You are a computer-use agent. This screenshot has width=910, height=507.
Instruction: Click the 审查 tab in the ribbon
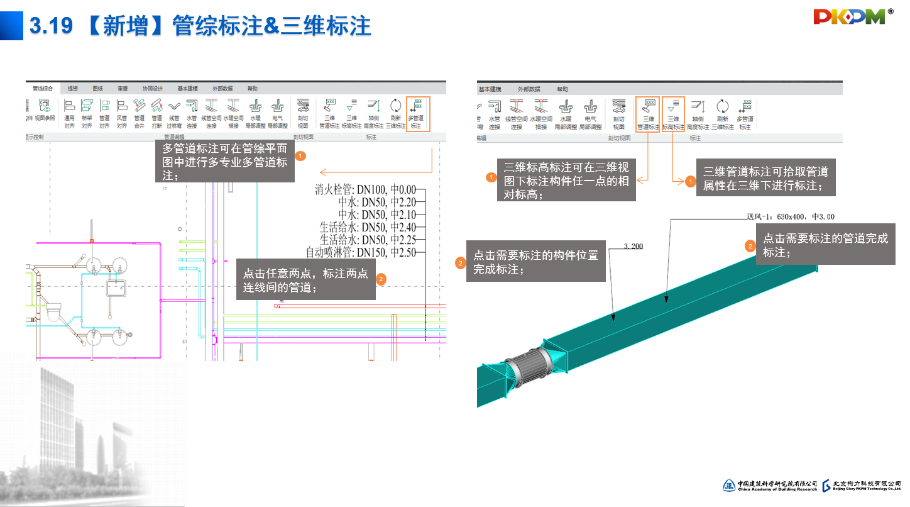click(x=123, y=89)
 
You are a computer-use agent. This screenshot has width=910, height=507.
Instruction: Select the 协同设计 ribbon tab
click(x=152, y=89)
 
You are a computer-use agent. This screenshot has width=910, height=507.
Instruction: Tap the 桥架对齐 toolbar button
click(x=87, y=113)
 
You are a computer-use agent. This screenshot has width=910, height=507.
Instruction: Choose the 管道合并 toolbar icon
click(x=139, y=113)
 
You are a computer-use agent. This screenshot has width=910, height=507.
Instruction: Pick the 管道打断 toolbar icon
click(x=156, y=113)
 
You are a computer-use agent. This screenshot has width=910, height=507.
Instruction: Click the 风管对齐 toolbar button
click(x=122, y=113)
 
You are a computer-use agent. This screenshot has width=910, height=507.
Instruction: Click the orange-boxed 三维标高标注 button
click(x=673, y=114)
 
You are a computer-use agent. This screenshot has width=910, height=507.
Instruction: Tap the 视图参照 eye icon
click(x=45, y=110)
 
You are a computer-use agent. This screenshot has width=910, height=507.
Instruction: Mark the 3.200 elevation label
click(x=633, y=246)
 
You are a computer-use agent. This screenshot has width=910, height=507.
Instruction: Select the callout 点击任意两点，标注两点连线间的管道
click(x=305, y=281)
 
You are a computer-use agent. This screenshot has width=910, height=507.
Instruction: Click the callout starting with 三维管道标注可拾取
click(x=766, y=179)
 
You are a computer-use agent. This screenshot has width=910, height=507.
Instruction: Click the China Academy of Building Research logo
click(x=770, y=485)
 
